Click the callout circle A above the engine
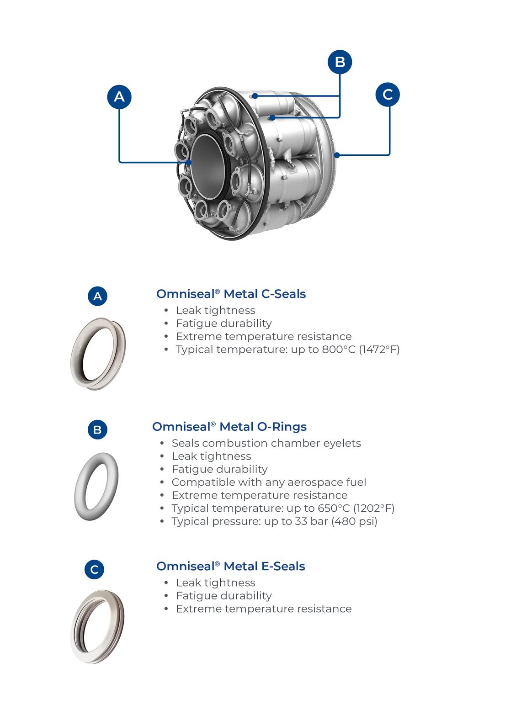pyautogui.click(x=119, y=96)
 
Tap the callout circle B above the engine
pyautogui.click(x=340, y=62)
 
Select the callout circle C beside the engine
pyautogui.click(x=388, y=95)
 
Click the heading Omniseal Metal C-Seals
pyautogui.click(x=231, y=294)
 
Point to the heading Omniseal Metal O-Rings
pyautogui.click(x=229, y=427)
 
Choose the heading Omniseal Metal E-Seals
pyautogui.click(x=230, y=567)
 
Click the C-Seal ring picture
pyautogui.click(x=98, y=353)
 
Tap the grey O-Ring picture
pyautogui.click(x=96, y=487)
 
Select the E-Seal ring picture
pyautogui.click(x=97, y=626)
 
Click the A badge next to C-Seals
pyautogui.click(x=97, y=296)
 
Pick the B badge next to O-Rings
pyautogui.click(x=97, y=429)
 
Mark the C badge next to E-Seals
pyautogui.click(x=95, y=570)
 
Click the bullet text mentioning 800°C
pyautogui.click(x=287, y=350)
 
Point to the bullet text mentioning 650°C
pyautogui.click(x=283, y=508)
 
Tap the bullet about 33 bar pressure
pyautogui.click(x=274, y=521)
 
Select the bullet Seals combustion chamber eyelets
pyautogui.click(x=266, y=443)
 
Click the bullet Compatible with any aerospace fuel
pyautogui.click(x=269, y=482)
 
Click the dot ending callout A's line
pyautogui.click(x=189, y=162)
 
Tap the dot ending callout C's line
pyautogui.click(x=337, y=155)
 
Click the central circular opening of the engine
pyautogui.click(x=208, y=166)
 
